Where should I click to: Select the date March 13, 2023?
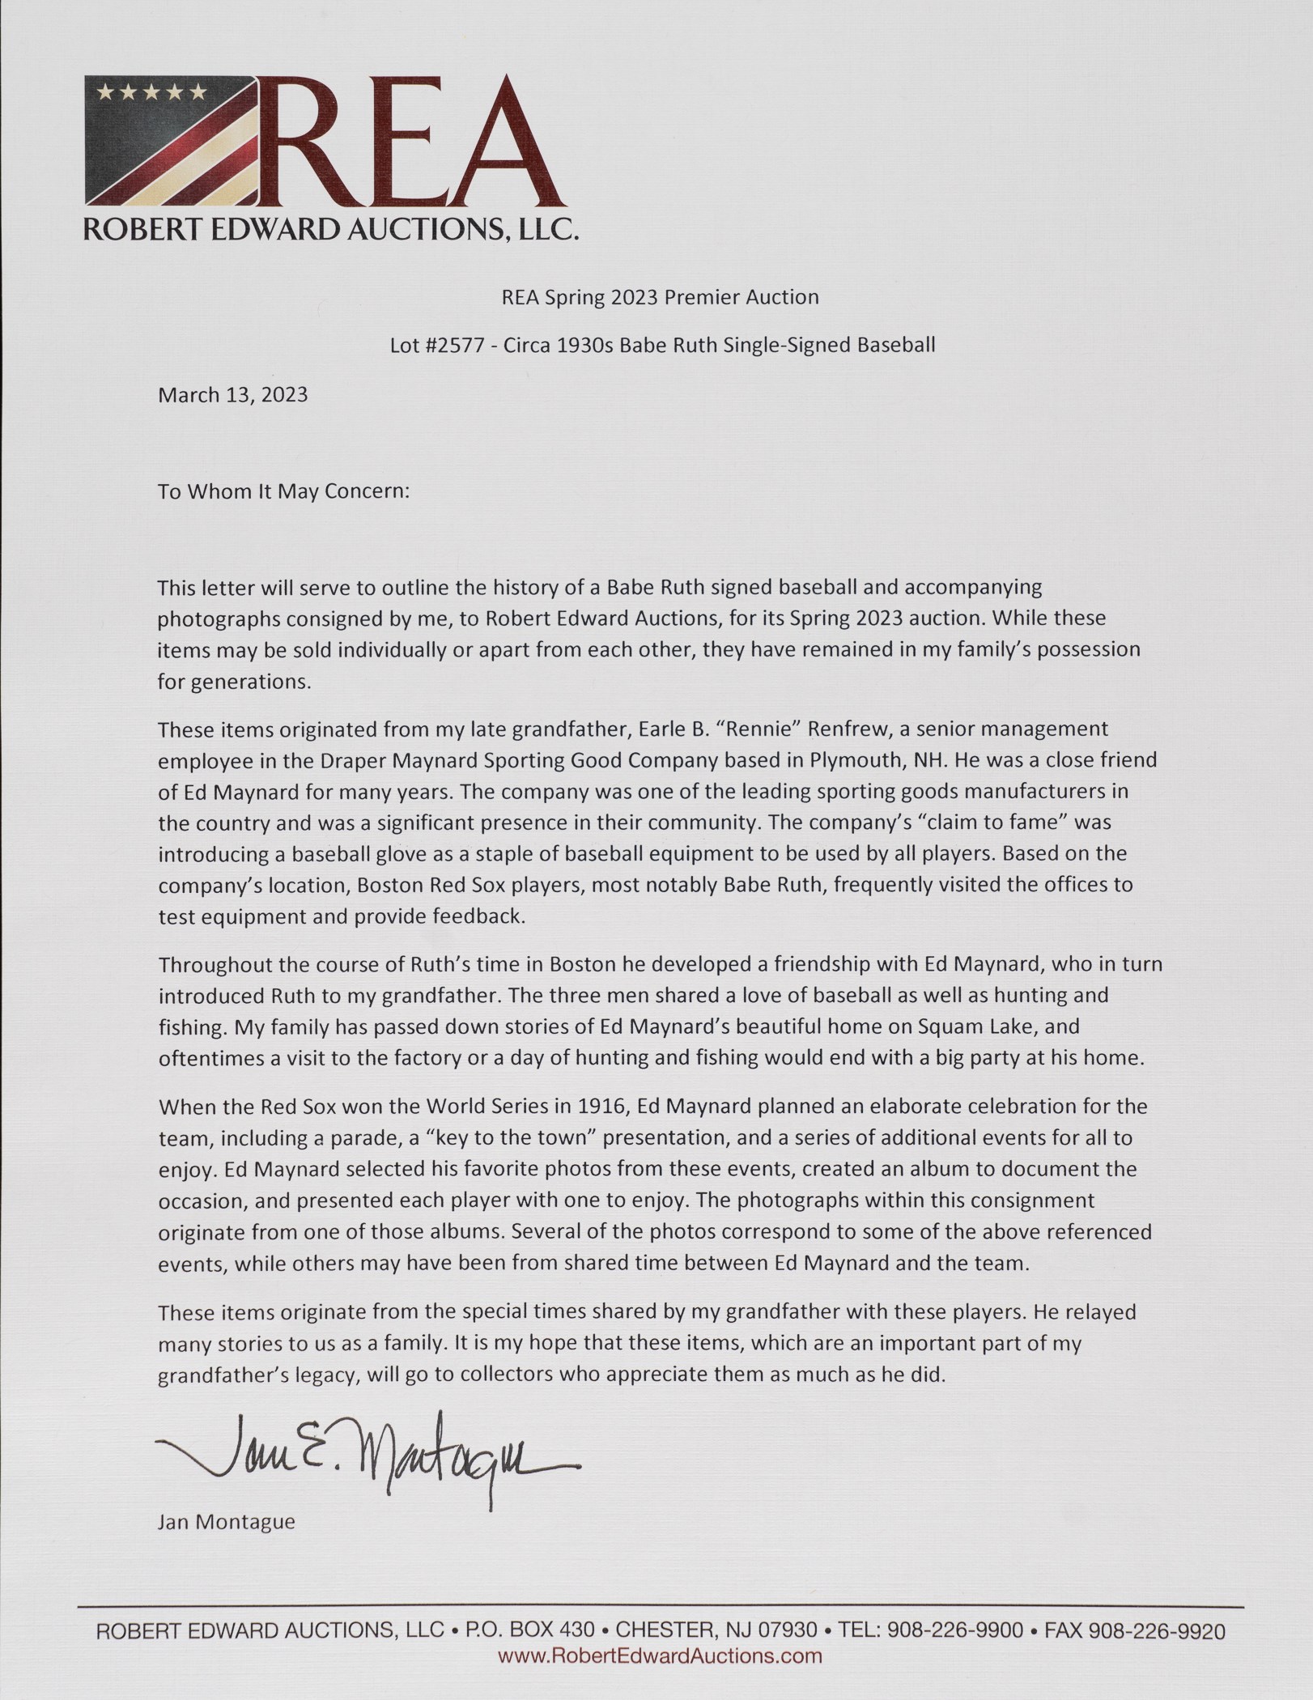232,395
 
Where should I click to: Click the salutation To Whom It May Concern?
284,492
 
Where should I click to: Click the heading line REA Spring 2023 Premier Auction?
660,297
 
